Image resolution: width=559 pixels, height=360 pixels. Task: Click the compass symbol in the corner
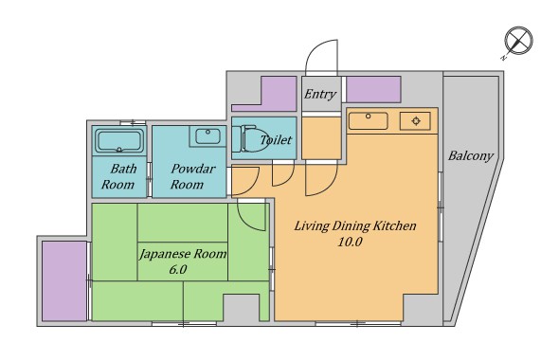pyautogui.click(x=518, y=41)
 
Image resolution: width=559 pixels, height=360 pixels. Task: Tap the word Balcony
pyautogui.click(x=471, y=156)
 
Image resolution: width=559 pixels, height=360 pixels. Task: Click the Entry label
pyautogui.click(x=320, y=94)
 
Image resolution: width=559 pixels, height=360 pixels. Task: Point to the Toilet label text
pyautogui.click(x=276, y=139)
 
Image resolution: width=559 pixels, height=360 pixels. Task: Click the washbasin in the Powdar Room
pyautogui.click(x=207, y=136)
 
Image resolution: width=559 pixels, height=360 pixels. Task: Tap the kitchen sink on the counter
pyautogui.click(x=368, y=121)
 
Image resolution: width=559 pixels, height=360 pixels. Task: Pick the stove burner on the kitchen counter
pyautogui.click(x=416, y=121)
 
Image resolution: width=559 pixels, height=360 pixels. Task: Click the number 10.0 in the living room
pyautogui.click(x=351, y=242)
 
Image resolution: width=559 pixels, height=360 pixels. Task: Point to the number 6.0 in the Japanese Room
pyautogui.click(x=178, y=269)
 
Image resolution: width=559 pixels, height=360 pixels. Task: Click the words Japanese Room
pyautogui.click(x=183, y=254)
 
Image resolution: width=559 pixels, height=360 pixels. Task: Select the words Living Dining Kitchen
pyautogui.click(x=355, y=226)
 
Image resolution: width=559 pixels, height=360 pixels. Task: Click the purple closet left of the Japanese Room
pyautogui.click(x=64, y=280)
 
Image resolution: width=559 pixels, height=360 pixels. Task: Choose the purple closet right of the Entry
pyautogui.click(x=373, y=89)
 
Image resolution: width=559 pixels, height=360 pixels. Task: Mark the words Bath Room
pyautogui.click(x=118, y=176)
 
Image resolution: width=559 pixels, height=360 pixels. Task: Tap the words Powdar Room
pyautogui.click(x=192, y=176)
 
